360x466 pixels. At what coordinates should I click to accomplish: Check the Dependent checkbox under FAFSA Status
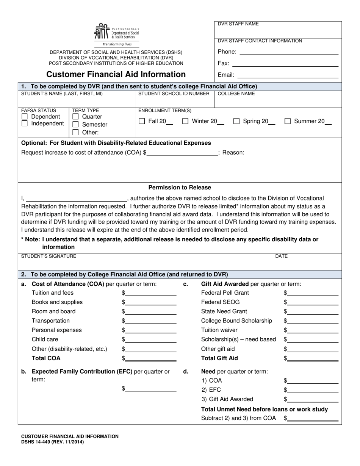coord(25,117)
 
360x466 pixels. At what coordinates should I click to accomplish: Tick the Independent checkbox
coord(25,124)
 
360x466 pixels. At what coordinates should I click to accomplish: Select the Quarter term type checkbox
coord(75,117)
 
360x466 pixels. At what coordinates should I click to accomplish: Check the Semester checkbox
coord(75,125)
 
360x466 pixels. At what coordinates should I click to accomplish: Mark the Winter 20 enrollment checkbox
coord(186,121)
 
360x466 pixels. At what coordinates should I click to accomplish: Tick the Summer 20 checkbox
coord(288,121)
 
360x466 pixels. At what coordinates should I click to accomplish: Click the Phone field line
coord(289,52)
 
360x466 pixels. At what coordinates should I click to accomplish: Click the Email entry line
coord(288,75)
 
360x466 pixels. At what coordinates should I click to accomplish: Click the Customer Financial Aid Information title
coord(116,74)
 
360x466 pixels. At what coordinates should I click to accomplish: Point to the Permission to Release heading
coord(180,188)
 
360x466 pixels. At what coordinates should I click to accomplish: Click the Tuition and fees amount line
coord(150,293)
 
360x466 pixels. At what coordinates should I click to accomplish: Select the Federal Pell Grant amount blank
coord(312,293)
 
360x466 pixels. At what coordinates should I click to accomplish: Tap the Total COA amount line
coord(150,358)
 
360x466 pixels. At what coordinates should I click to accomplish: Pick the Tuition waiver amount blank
coord(312,330)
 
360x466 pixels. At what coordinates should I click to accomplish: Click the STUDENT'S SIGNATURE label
coord(49,256)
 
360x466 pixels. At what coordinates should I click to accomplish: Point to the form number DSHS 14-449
coord(52,442)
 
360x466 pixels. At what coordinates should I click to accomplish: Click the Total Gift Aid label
coord(219,358)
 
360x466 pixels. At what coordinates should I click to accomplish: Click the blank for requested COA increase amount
coord(182,153)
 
